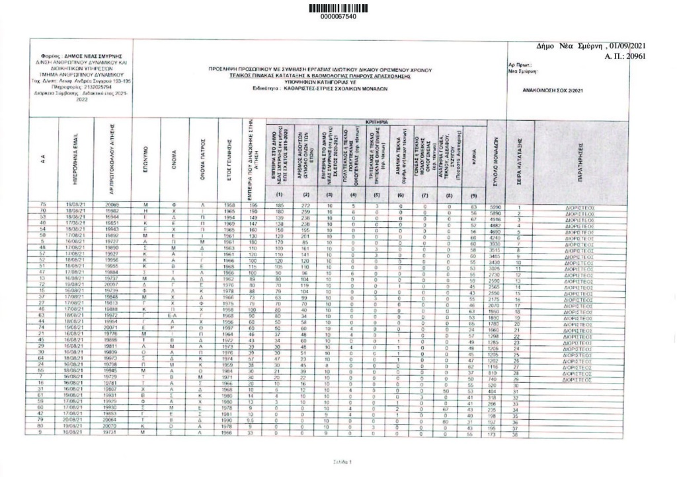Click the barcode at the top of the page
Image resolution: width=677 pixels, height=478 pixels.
click(338, 7)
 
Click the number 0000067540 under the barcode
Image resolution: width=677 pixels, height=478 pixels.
click(338, 16)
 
